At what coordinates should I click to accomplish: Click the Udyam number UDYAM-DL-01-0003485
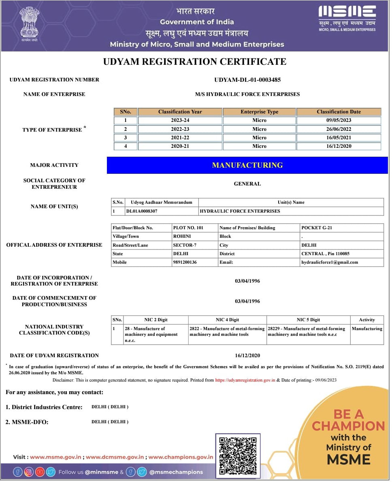coord(247,80)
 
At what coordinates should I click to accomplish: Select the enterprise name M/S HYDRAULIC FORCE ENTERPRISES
coord(247,94)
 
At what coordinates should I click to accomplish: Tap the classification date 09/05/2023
coord(339,120)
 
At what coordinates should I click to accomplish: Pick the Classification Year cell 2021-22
coord(180,138)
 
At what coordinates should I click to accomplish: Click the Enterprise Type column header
coord(259,112)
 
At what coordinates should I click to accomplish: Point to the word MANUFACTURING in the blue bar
coord(247,165)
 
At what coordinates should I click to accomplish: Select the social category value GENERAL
coord(247,184)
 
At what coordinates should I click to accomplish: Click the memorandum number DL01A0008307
coord(142,211)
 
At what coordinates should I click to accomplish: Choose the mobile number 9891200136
coord(185,262)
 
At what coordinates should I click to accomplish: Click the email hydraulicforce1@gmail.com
coord(330,262)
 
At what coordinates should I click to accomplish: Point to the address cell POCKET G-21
coord(317,228)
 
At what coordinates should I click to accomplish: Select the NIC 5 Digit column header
coord(308,320)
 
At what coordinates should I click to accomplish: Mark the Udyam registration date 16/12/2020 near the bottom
coord(247,356)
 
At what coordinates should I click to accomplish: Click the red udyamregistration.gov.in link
coord(245,380)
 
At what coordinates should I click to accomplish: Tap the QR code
coord(238,456)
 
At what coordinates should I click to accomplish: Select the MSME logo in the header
coord(347,18)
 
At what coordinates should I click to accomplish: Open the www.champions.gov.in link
coord(181,457)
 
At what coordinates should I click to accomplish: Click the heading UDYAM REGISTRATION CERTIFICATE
coord(195,62)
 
